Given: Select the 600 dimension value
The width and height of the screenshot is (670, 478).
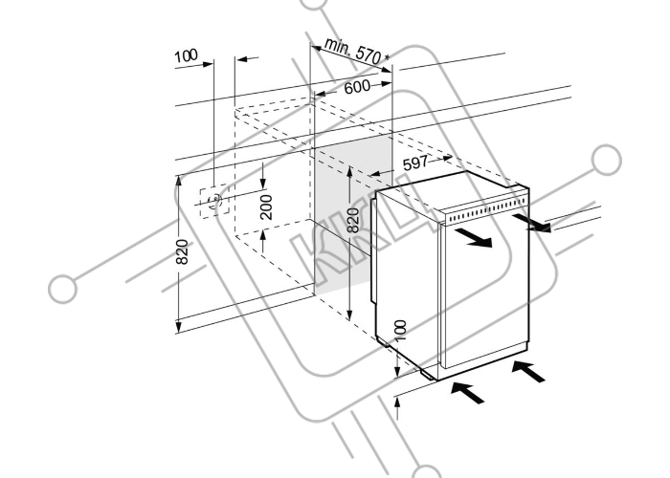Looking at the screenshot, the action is pyautogui.click(x=357, y=87).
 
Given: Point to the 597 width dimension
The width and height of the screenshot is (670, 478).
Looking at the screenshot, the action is pyautogui.click(x=414, y=163).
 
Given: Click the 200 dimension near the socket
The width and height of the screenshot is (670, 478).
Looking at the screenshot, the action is pyautogui.click(x=266, y=207).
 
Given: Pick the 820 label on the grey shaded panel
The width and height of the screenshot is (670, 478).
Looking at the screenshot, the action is pyautogui.click(x=352, y=220).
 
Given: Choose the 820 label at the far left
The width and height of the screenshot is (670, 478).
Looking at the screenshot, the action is pyautogui.click(x=182, y=251).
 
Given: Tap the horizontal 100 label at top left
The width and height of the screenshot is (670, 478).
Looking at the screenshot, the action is pyautogui.click(x=186, y=55).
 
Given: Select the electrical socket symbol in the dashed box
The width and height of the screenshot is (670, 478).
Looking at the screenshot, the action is pyautogui.click(x=214, y=200).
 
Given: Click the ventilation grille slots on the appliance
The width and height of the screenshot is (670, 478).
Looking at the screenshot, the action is pyautogui.click(x=487, y=210).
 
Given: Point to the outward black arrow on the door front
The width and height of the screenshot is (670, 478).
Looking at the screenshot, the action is pyautogui.click(x=474, y=238).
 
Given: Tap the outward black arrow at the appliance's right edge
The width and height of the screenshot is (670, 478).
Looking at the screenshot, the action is pyautogui.click(x=531, y=223).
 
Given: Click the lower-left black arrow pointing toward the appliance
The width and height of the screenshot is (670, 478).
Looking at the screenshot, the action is pyautogui.click(x=467, y=393).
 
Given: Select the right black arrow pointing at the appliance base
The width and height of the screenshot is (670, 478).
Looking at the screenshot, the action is pyautogui.click(x=528, y=371).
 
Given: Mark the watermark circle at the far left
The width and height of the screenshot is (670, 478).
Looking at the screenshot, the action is pyautogui.click(x=63, y=289).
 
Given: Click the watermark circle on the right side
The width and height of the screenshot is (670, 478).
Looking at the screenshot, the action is pyautogui.click(x=606, y=160).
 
